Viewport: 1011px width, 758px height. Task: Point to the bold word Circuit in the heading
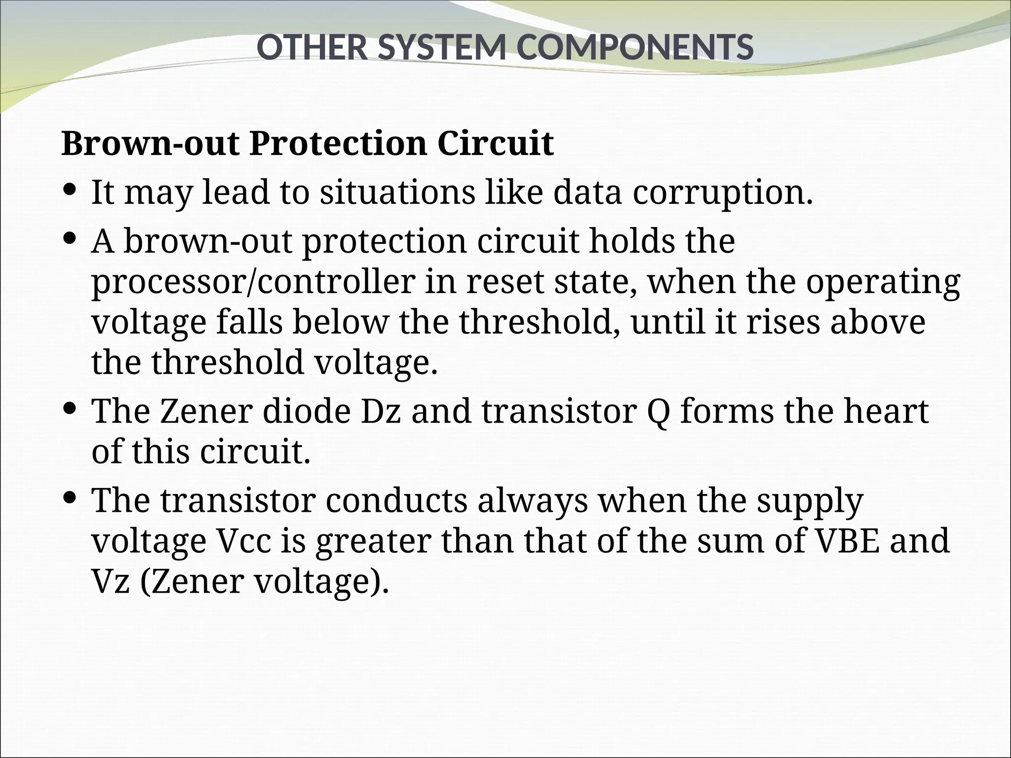pyautogui.click(x=495, y=144)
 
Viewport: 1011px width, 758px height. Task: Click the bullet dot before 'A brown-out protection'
pyautogui.click(x=70, y=238)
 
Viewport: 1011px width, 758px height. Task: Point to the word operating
pyautogui.click(x=883, y=283)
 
